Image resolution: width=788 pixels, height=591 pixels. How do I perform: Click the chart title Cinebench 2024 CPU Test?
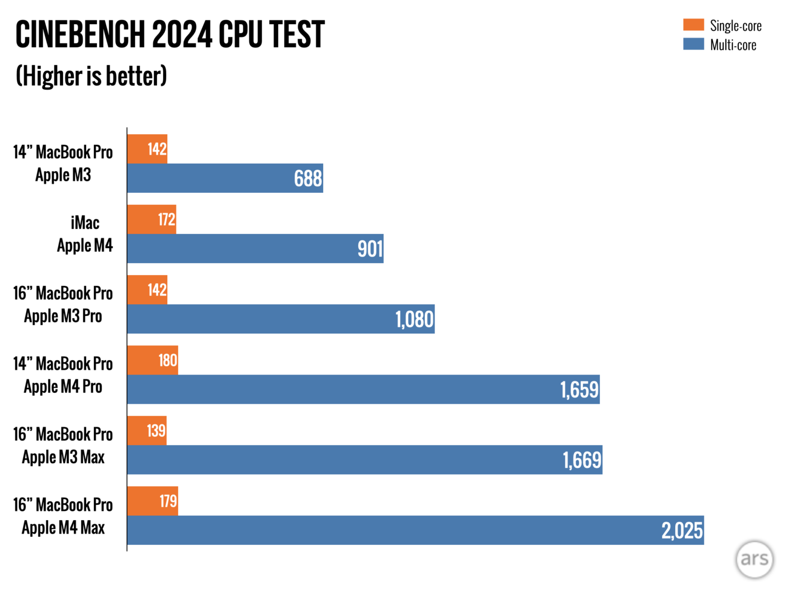click(x=170, y=35)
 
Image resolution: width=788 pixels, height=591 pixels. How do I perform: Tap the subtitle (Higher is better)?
click(x=91, y=76)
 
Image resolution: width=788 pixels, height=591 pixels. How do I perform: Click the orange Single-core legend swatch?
click(x=693, y=25)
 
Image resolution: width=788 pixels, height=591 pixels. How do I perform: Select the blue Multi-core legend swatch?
click(x=693, y=44)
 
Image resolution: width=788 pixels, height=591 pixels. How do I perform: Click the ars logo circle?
click(x=754, y=559)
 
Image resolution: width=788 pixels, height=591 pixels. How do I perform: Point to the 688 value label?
click(x=308, y=179)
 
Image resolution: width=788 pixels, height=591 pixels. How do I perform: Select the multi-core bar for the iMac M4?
click(x=255, y=249)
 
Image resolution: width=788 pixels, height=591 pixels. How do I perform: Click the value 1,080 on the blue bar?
click(x=415, y=320)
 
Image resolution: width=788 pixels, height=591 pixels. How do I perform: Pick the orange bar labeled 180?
click(x=152, y=360)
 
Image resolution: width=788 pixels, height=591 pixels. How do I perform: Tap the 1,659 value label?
click(x=579, y=390)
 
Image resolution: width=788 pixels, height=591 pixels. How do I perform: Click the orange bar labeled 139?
click(x=147, y=430)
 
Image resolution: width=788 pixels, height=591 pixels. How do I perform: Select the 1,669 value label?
click(x=582, y=460)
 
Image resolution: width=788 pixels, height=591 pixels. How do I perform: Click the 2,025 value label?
click(x=682, y=530)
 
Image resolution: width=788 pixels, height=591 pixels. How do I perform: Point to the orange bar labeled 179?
click(x=152, y=501)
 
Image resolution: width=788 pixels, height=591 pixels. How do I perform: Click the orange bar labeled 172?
click(x=151, y=220)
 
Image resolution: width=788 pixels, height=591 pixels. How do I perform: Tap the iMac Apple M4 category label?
click(x=85, y=234)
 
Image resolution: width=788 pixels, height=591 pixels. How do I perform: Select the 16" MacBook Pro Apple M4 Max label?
click(x=63, y=516)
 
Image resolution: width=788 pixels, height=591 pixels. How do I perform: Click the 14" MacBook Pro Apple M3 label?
click(x=63, y=163)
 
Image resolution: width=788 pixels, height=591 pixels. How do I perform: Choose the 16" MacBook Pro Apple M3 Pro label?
click(x=63, y=305)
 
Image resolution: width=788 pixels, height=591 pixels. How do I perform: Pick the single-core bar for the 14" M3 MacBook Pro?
click(x=147, y=149)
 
